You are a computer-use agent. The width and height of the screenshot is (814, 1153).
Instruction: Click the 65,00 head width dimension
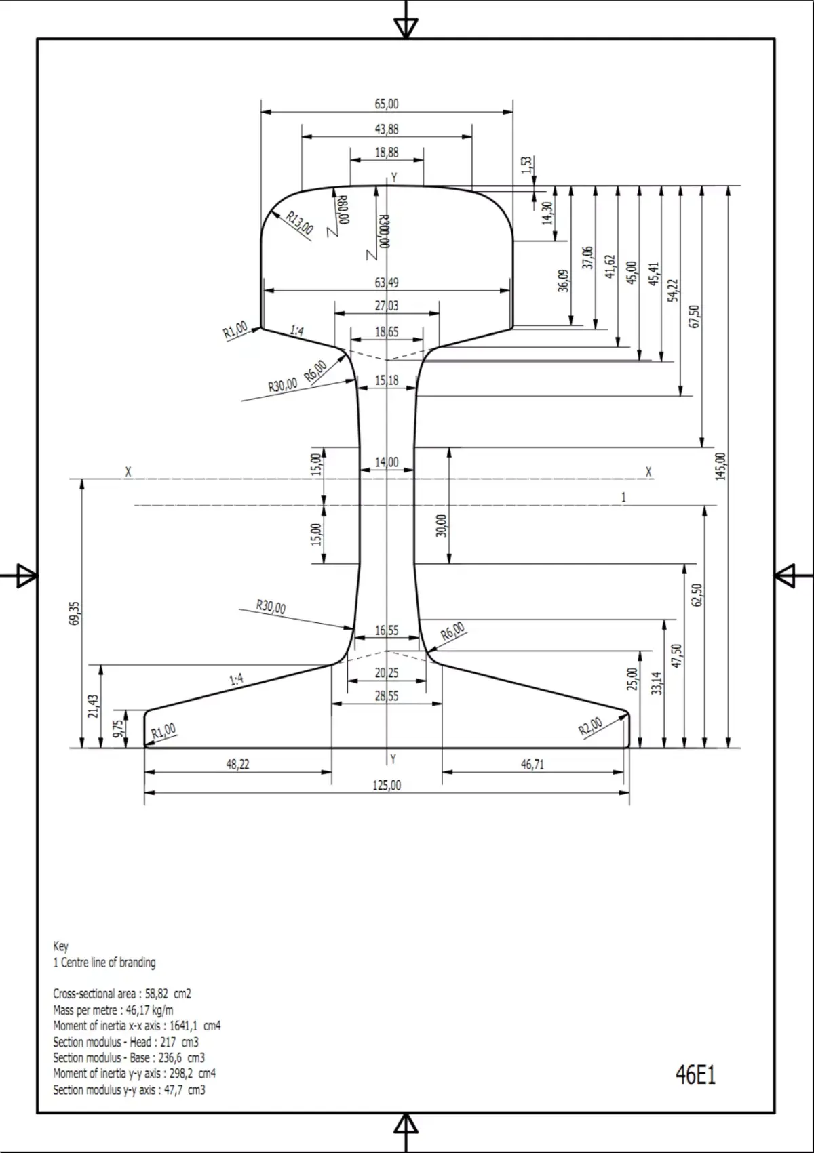[387, 104]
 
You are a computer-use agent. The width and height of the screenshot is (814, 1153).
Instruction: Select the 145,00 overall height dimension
[721, 466]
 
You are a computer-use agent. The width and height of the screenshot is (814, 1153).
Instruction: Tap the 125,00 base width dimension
[387, 785]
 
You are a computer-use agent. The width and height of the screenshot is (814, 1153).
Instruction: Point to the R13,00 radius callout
[299, 223]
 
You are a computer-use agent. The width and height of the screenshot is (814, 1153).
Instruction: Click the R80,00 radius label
[343, 209]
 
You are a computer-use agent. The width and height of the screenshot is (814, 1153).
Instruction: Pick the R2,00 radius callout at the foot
[590, 726]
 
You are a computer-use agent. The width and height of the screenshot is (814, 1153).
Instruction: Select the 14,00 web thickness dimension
[387, 462]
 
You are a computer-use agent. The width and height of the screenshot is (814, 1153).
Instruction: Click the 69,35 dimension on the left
[74, 613]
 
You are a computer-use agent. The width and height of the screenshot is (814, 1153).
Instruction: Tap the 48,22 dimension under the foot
[237, 765]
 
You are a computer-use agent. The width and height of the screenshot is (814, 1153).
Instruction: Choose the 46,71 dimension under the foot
[532, 765]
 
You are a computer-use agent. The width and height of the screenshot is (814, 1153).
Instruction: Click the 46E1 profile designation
[695, 1075]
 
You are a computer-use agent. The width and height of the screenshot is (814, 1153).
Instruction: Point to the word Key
[61, 946]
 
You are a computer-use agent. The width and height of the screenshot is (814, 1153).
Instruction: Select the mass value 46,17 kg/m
[149, 1010]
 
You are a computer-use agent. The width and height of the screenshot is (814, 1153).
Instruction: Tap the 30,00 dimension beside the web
[442, 525]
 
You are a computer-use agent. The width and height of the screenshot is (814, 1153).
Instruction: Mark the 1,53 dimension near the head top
[526, 165]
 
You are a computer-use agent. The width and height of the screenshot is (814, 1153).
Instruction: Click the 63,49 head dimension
[387, 283]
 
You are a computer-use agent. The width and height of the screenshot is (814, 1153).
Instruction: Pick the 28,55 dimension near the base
[387, 696]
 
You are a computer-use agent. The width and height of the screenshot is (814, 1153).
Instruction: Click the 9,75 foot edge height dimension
[119, 729]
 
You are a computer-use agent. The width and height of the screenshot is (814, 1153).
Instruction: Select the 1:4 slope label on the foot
[236, 680]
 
